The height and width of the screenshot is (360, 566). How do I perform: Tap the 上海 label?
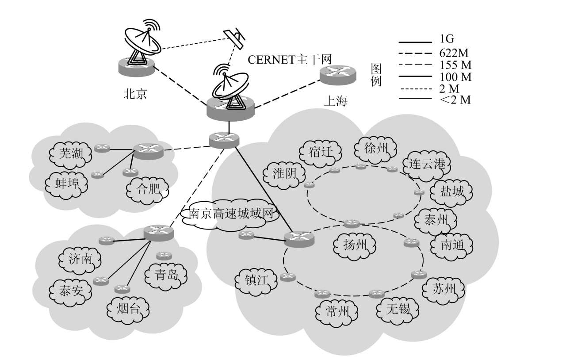[x=336, y=101]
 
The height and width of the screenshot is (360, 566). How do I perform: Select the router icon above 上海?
[x=338, y=76]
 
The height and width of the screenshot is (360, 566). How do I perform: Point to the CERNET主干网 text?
[x=289, y=59]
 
